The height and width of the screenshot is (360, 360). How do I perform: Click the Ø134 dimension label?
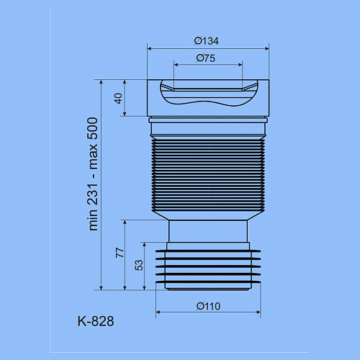(207, 41)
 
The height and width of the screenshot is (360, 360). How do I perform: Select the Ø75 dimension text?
(206, 58)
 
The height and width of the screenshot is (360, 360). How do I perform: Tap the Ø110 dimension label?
(208, 306)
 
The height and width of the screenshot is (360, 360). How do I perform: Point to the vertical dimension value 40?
(119, 99)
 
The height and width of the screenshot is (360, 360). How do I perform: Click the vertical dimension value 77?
(120, 253)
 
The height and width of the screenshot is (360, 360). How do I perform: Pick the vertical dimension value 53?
(139, 266)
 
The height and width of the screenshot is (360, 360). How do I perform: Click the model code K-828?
(96, 321)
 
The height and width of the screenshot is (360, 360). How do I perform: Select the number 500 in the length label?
(93, 129)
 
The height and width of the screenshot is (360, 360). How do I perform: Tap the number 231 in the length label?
(93, 194)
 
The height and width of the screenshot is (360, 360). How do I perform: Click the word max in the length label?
(93, 156)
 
